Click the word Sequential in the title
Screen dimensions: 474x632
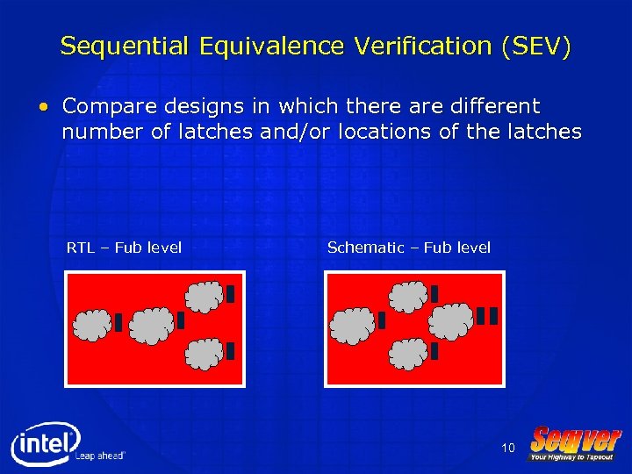(x=124, y=47)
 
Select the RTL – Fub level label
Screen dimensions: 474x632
(x=124, y=248)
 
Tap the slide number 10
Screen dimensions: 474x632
(x=507, y=449)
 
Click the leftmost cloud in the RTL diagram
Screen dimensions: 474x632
(x=92, y=325)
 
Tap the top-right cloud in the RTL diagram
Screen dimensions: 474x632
(x=205, y=297)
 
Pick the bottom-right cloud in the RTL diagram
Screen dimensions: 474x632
(x=205, y=352)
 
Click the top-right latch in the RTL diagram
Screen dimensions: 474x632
(x=230, y=294)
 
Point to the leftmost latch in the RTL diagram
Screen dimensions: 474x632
(x=118, y=323)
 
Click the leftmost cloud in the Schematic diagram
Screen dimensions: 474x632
(x=353, y=325)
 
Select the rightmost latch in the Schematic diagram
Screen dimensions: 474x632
(x=493, y=316)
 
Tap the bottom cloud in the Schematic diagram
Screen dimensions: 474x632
(x=408, y=353)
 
